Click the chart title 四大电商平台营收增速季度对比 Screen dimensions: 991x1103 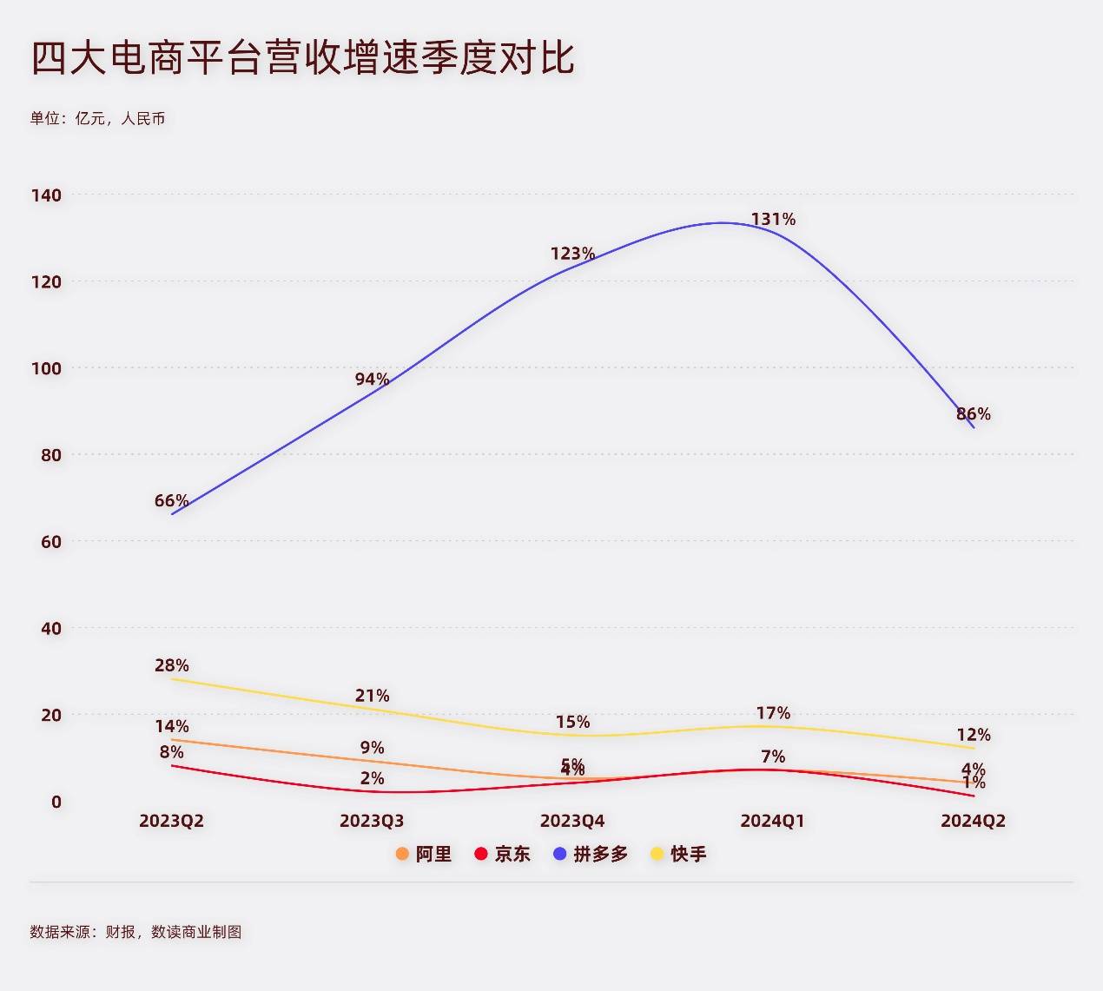click(302, 59)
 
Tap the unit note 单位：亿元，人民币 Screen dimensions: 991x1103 click(97, 118)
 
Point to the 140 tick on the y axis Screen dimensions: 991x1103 click(47, 195)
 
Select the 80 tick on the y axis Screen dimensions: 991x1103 click(51, 454)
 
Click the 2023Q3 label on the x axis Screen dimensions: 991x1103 click(372, 821)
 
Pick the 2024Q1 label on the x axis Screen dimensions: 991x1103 click(772, 821)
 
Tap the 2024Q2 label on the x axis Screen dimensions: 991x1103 click(973, 821)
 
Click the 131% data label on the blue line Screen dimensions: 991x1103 click(773, 219)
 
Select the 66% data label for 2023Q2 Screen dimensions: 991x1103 click(171, 500)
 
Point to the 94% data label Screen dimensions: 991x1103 click(372, 379)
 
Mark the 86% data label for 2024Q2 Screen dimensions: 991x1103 click(973, 413)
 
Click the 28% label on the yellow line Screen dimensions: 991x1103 click(171, 665)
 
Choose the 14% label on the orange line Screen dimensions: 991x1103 click(171, 726)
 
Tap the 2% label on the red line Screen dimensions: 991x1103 click(372, 778)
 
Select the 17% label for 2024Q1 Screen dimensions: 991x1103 click(773, 713)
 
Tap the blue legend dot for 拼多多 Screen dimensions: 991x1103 click(560, 854)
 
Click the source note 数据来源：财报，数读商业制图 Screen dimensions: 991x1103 click(135, 932)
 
